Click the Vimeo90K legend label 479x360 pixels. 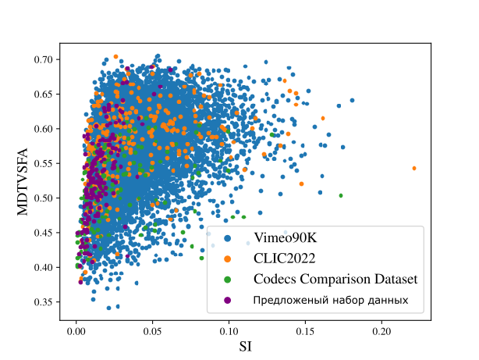(286, 237)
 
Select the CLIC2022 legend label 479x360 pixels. (285, 258)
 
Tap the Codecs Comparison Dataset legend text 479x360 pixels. (335, 279)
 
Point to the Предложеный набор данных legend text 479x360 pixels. (331, 301)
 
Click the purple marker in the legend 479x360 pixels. (227, 301)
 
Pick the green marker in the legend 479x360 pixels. (227, 280)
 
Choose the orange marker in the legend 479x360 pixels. (227, 259)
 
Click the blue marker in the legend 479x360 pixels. (227, 238)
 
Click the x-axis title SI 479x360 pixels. (245, 347)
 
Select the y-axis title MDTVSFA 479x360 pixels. (23, 182)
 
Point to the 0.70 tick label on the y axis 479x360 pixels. (43, 59)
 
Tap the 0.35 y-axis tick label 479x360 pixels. (43, 302)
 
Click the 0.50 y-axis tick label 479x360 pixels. (43, 198)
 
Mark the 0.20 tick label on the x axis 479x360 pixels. (381, 331)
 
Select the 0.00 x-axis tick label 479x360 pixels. (76, 331)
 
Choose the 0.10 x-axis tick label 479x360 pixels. (229, 331)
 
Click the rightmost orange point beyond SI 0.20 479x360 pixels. (414, 168)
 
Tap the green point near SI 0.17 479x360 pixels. (341, 195)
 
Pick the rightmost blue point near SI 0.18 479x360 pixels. (352, 100)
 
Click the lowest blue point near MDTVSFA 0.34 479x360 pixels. (108, 308)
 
